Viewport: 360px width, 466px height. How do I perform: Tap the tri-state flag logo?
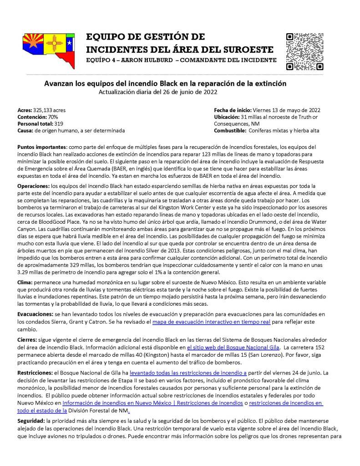click(x=49, y=51)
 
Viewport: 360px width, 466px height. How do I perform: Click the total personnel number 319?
click(x=59, y=123)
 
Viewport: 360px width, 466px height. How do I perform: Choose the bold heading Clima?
click(x=25, y=283)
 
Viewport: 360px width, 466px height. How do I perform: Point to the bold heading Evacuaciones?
click(x=36, y=315)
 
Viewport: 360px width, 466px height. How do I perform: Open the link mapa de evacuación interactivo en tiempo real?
click(x=211, y=322)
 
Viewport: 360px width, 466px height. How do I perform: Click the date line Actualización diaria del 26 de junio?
click(x=158, y=92)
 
